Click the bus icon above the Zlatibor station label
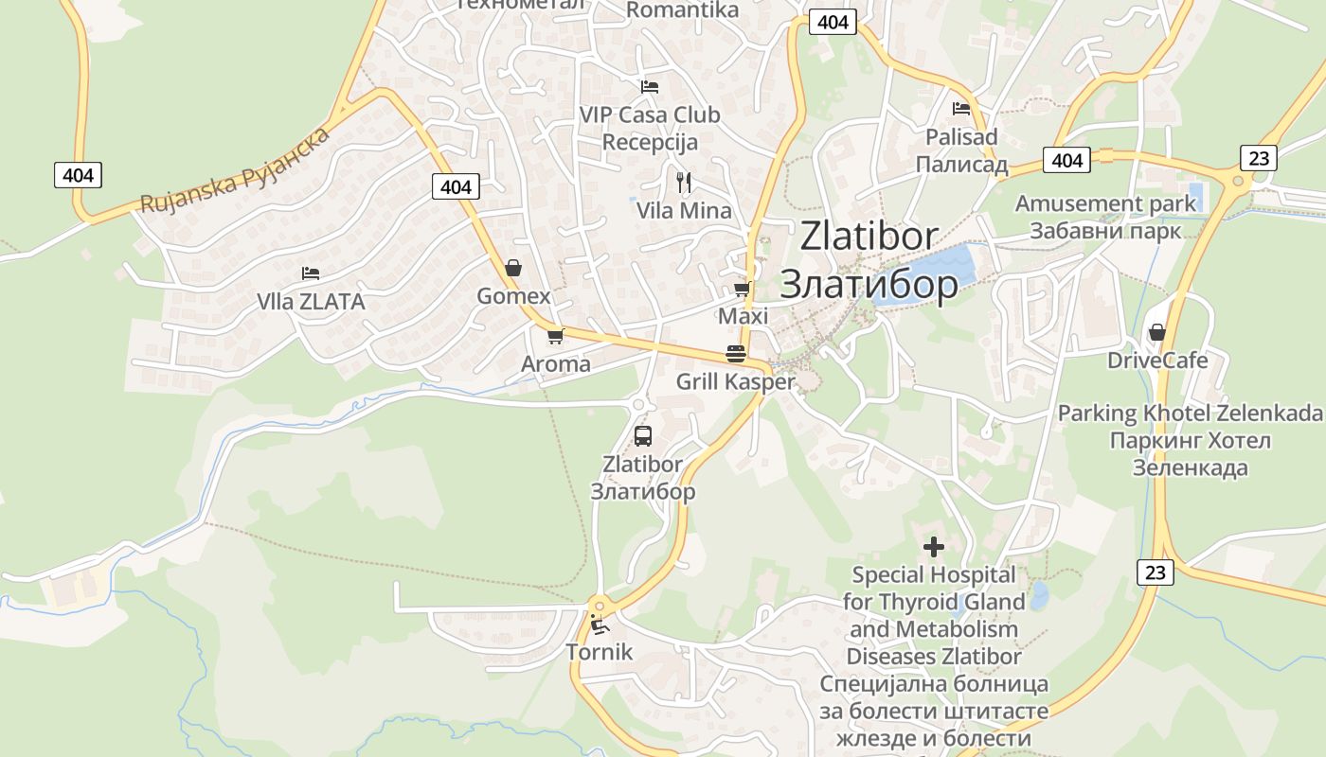(x=642, y=436)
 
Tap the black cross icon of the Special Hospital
(x=934, y=547)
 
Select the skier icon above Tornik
(x=599, y=624)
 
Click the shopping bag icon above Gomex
(x=512, y=268)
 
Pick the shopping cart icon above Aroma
(x=555, y=336)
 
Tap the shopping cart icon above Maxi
(x=742, y=289)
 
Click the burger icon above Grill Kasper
(x=735, y=354)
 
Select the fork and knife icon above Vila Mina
(x=684, y=182)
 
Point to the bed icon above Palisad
(x=961, y=109)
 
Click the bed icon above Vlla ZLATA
(x=310, y=273)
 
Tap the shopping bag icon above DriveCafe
(x=1156, y=332)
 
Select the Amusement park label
(x=1105, y=203)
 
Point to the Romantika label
(x=682, y=10)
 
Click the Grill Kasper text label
(x=735, y=382)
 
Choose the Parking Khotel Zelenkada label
(x=1190, y=414)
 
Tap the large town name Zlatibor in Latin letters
(x=869, y=236)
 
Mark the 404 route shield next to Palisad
(x=1066, y=160)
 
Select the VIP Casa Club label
(x=650, y=114)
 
